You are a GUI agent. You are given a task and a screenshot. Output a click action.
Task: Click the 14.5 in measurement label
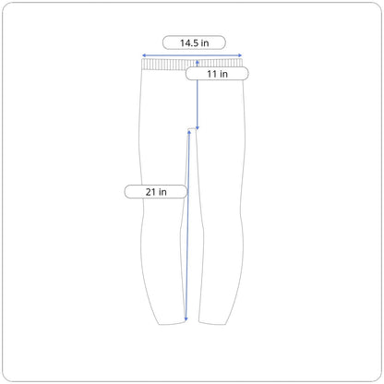[194, 42]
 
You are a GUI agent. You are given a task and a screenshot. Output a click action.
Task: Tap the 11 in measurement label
[217, 74]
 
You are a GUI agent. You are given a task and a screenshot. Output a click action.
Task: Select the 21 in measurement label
[156, 192]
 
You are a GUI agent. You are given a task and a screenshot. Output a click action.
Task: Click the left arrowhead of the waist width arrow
[144, 55]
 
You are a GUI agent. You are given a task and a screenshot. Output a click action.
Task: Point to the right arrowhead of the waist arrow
[240, 55]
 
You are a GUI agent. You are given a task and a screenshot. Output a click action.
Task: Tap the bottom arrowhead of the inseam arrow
[186, 319]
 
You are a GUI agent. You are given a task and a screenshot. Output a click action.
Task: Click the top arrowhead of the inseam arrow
[189, 132]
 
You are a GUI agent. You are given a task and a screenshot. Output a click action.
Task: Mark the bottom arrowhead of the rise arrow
[198, 127]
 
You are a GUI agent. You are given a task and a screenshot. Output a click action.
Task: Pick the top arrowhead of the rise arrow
[198, 62]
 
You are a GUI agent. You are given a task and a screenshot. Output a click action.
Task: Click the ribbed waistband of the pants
[192, 65]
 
